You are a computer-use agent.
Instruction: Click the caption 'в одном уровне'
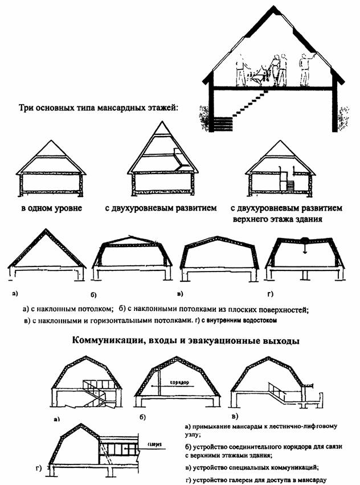coord(51,208)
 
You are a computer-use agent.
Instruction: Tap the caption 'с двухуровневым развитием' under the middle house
coord(161,208)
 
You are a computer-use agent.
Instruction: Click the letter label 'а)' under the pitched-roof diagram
coord(13,294)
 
